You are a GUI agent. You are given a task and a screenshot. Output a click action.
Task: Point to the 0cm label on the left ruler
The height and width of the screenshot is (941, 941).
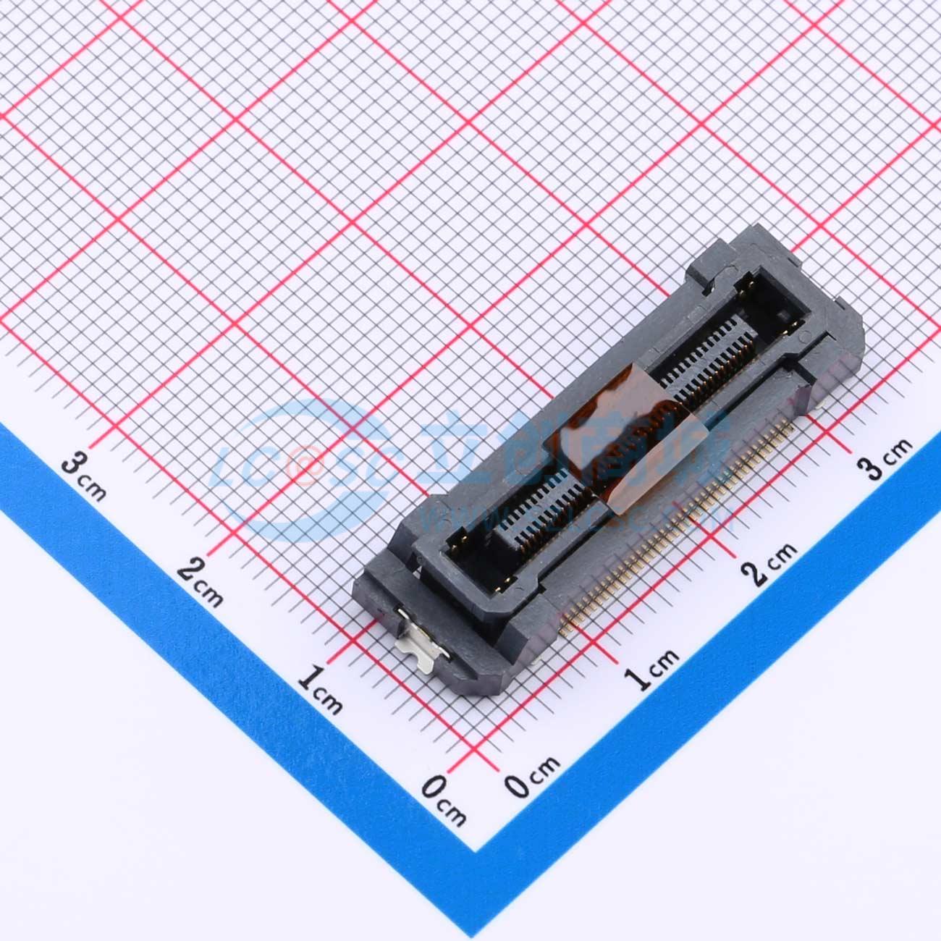(444, 800)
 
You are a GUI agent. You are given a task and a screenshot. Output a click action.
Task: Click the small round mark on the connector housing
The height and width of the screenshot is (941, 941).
(801, 334)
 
